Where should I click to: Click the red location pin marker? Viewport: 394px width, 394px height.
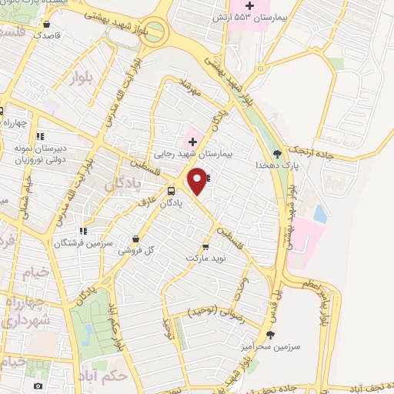tap(198, 180)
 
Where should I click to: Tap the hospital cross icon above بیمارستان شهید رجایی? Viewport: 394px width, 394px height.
tap(192, 142)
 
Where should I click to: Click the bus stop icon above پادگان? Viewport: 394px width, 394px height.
tap(171, 191)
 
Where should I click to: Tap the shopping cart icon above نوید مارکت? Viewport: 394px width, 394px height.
tap(205, 246)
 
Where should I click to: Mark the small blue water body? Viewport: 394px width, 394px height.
tap(320, 213)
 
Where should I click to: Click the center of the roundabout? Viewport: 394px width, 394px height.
tap(155, 31)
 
